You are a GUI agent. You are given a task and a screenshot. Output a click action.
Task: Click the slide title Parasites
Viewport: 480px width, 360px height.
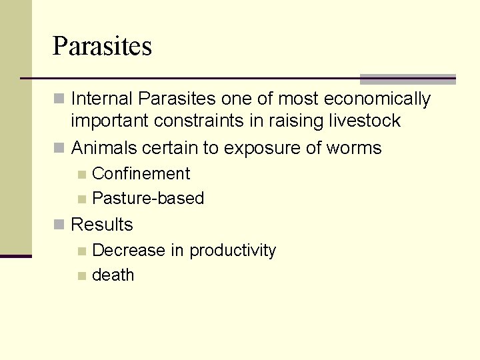102,47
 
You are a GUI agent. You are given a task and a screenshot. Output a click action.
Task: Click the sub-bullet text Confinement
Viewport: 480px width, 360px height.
141,174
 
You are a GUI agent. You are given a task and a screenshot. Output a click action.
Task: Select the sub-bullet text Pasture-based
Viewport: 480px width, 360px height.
148,199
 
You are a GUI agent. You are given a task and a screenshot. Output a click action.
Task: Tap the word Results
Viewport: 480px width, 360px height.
102,225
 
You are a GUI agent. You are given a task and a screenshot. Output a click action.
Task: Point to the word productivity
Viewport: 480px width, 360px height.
233,251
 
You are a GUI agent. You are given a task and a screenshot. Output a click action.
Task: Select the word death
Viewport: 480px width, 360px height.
113,275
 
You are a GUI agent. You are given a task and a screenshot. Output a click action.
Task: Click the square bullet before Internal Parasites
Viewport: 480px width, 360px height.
59,100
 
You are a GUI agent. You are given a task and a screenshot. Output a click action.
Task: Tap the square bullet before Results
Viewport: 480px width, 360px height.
59,225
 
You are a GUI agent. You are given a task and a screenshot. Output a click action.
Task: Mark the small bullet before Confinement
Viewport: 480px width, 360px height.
81,175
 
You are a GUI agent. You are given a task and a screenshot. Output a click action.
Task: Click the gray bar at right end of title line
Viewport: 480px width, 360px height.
407,79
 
